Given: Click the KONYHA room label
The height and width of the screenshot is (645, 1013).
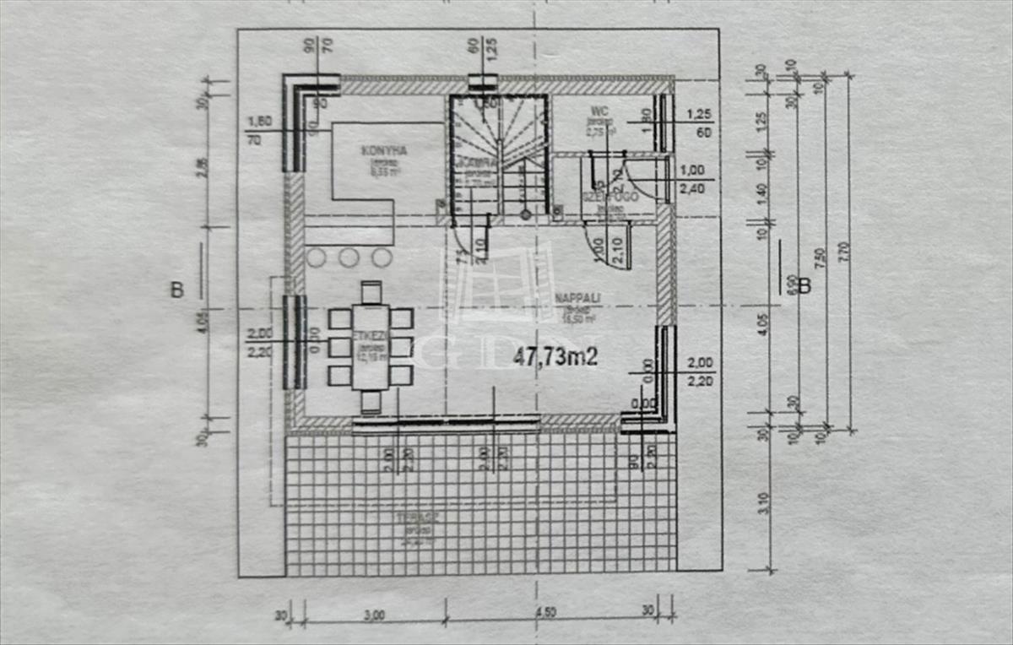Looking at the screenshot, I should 384,151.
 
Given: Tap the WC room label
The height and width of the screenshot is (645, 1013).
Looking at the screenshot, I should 600,111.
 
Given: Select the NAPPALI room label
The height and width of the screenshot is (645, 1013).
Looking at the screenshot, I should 577,298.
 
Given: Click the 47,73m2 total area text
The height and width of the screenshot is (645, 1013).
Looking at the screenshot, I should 555,357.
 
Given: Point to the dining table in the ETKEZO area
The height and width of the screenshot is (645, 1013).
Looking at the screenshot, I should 371,346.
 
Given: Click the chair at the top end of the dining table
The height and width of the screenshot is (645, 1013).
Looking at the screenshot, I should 371,292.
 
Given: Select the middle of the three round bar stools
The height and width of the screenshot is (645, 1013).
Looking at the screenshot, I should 349,257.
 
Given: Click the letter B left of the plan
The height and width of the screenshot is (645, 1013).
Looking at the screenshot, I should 176,290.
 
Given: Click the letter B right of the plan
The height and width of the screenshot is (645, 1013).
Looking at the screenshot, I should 804,287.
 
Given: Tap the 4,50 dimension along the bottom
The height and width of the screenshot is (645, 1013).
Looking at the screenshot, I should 548,614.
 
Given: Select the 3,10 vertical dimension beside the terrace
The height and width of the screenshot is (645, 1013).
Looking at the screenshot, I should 763,502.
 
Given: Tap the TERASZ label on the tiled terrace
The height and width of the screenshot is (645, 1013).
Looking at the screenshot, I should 414,517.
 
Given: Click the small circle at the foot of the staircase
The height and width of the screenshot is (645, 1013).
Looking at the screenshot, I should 525,214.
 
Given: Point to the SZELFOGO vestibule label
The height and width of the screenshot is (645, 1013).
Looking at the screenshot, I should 602,196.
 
